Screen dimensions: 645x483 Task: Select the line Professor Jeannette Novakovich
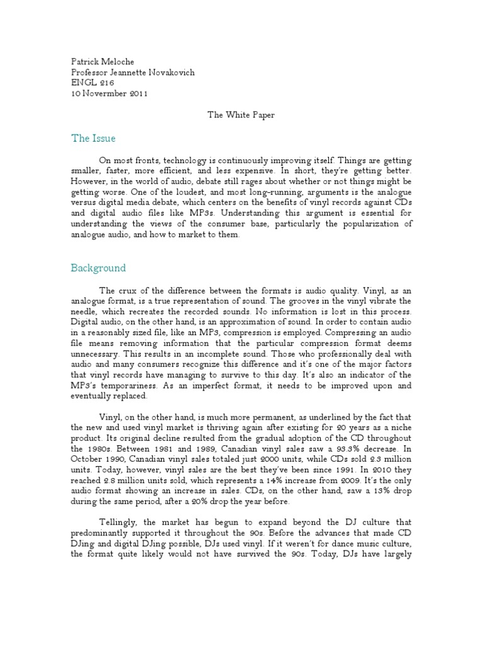132,72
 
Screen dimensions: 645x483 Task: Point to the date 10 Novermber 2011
108,93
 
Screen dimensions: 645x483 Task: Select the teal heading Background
97,268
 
